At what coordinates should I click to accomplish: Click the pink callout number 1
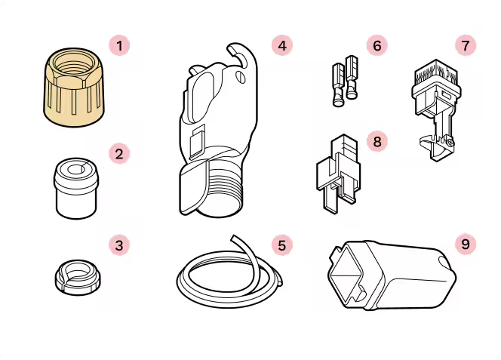119,46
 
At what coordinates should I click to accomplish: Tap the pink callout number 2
119,154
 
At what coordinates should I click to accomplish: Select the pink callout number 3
119,245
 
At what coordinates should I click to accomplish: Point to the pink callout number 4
282,45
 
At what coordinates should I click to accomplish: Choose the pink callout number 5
282,245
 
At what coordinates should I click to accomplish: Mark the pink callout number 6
377,45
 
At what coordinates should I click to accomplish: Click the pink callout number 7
466,45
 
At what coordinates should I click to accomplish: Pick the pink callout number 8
377,141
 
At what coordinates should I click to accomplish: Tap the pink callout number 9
466,245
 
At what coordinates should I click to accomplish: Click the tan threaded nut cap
74,87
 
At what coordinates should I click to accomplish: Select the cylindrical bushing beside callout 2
76,189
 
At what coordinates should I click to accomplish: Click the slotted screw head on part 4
241,77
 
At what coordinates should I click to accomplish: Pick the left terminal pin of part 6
338,85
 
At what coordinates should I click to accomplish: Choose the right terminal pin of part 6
352,77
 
